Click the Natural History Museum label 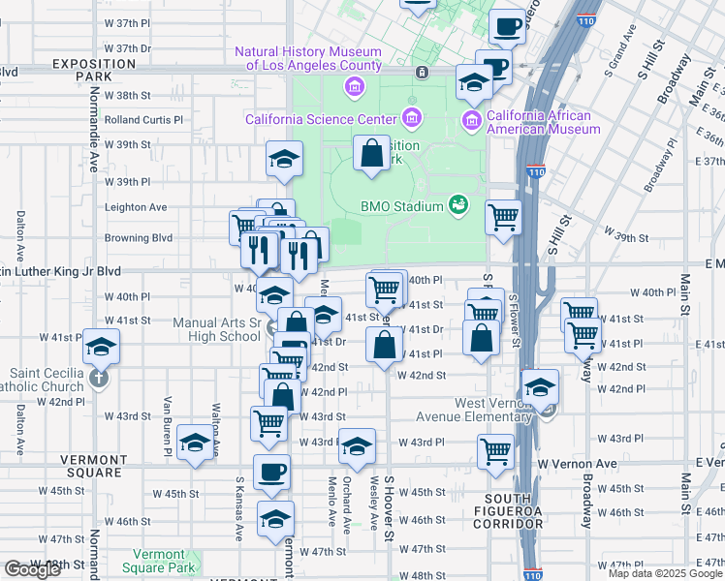(307, 58)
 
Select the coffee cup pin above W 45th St (271, 472)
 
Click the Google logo (32, 569)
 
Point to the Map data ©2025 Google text (665, 573)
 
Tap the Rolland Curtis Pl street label (143, 120)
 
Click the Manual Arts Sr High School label (217, 330)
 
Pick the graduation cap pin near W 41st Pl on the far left (100, 347)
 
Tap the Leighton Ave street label (136, 207)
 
